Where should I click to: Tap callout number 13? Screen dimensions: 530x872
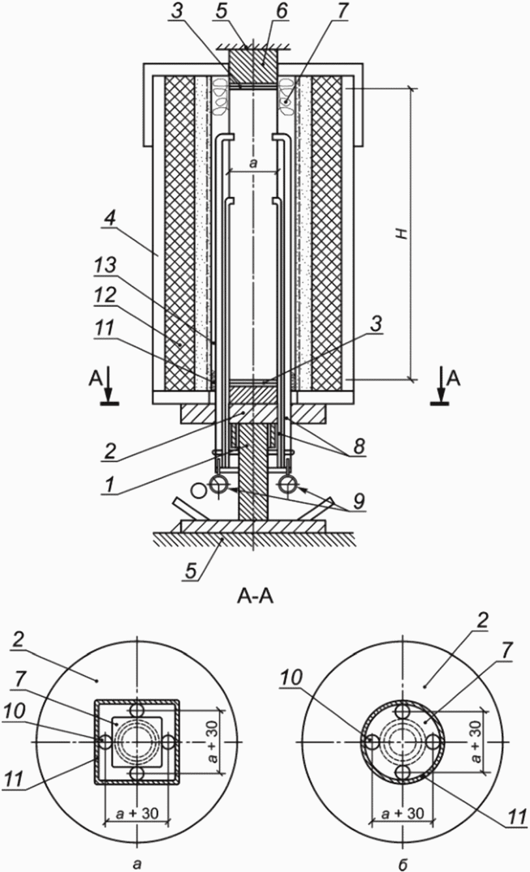point(105,265)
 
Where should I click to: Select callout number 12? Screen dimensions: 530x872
point(105,296)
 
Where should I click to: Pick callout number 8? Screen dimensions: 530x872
point(358,446)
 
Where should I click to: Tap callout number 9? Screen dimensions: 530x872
point(358,501)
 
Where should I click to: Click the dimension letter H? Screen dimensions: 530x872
point(405,234)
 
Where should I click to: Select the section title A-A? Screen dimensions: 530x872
point(255,597)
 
